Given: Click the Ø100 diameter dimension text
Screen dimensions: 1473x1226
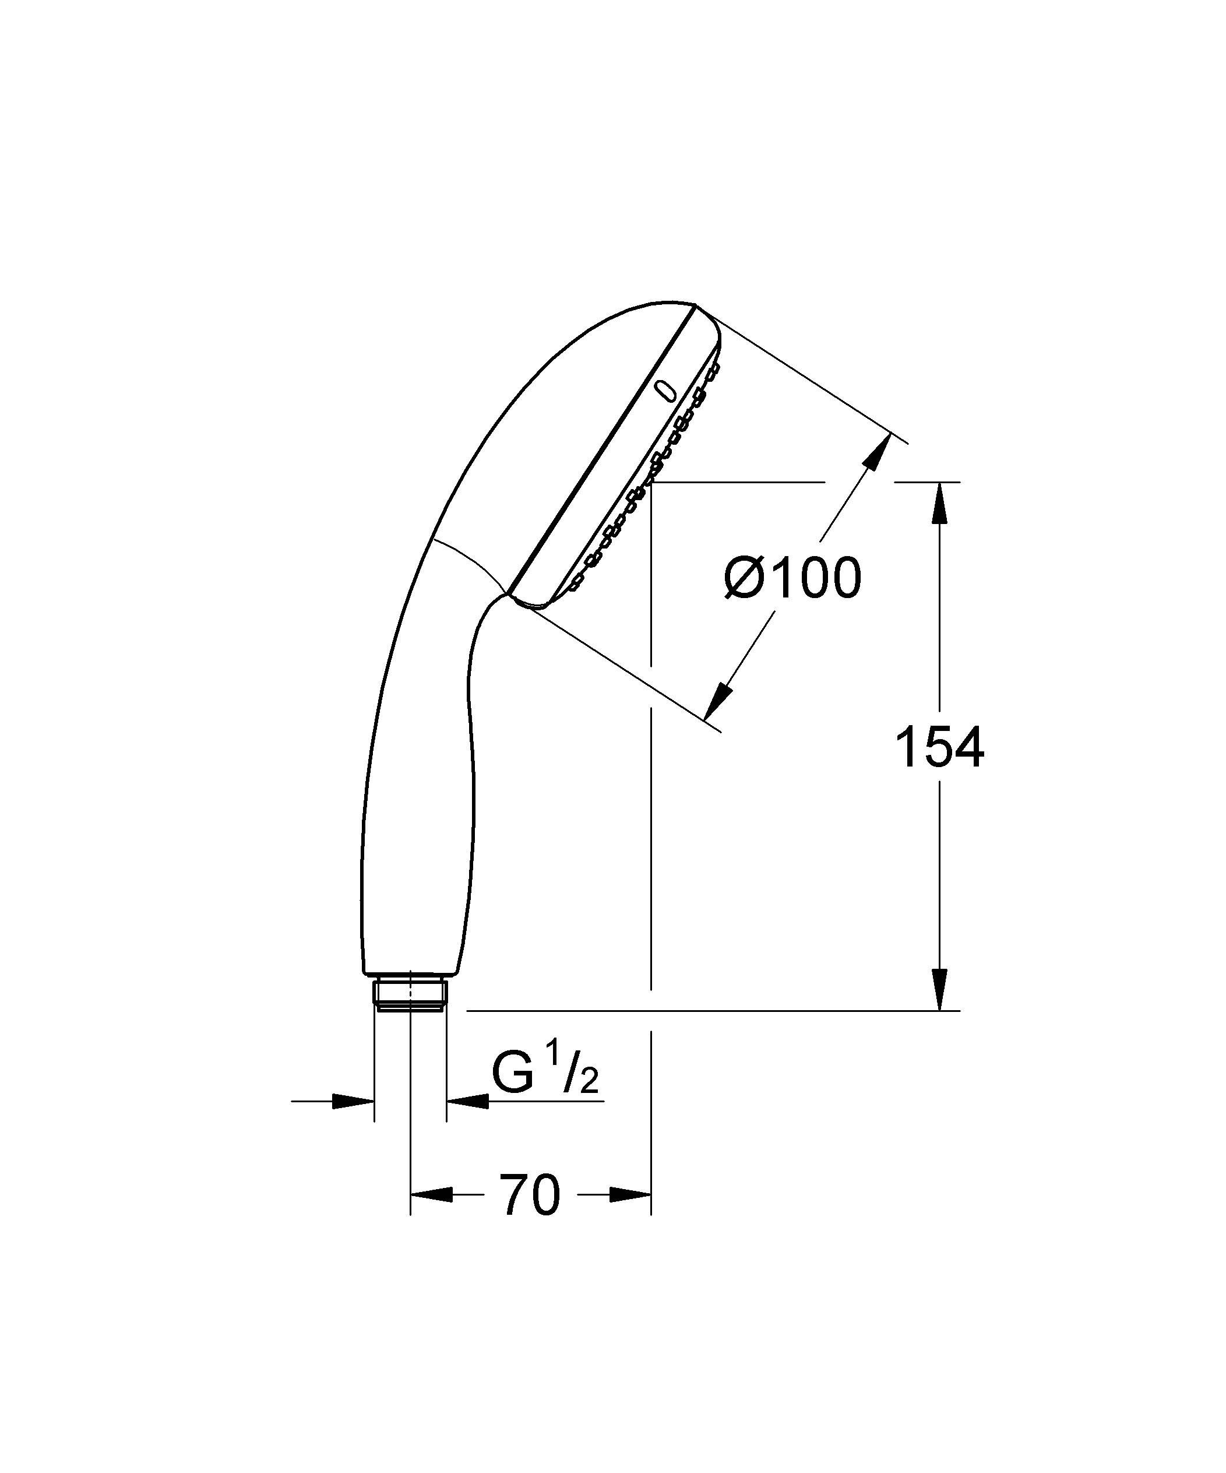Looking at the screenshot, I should pos(793,579).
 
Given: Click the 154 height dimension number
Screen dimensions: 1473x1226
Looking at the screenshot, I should pos(940,748).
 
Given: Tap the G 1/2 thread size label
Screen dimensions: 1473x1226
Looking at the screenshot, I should pos(544,1074).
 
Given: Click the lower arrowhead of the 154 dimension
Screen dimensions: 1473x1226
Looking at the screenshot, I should pos(940,990).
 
